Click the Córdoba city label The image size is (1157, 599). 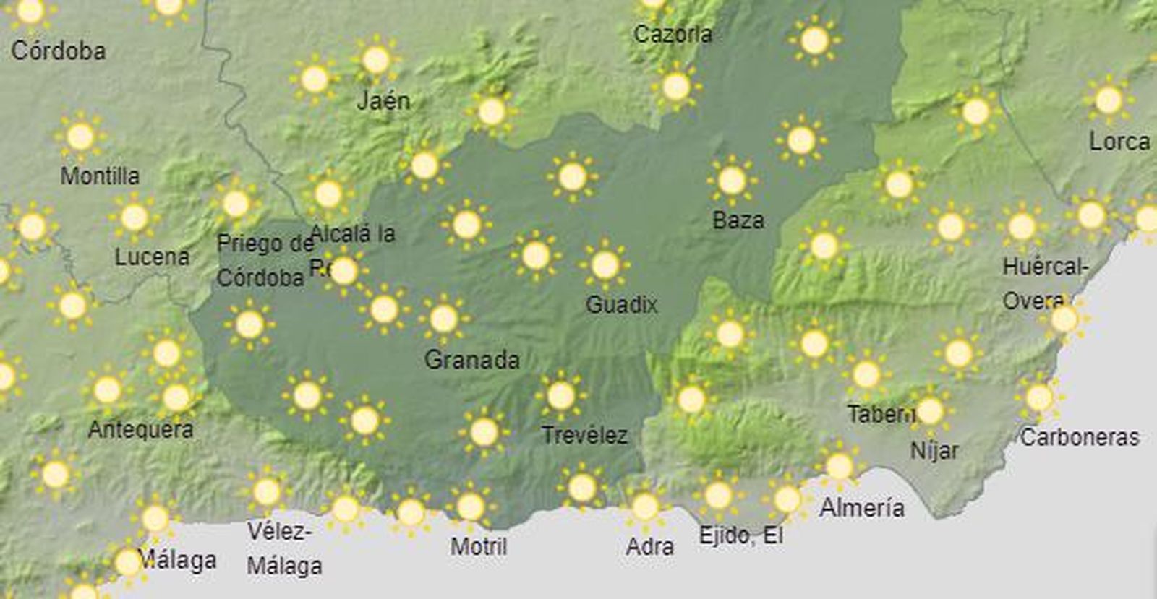(x=59, y=51)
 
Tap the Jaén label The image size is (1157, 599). (x=383, y=101)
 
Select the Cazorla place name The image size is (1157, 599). (x=673, y=33)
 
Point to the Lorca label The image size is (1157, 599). (x=1119, y=141)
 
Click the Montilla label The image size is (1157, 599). (x=100, y=176)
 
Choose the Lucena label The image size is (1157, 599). (x=152, y=257)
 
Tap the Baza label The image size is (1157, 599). (x=738, y=220)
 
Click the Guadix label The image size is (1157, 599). (x=621, y=304)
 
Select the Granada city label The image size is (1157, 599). (x=471, y=359)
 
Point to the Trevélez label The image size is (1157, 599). (x=584, y=435)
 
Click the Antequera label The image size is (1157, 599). (x=140, y=429)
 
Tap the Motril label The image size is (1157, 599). (x=478, y=546)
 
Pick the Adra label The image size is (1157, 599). (x=649, y=546)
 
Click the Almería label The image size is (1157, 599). (x=861, y=508)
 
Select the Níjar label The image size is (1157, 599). (x=934, y=451)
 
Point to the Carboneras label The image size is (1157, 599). (x=1079, y=436)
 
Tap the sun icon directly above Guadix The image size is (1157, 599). (x=605, y=265)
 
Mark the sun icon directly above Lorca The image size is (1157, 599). (x=1108, y=100)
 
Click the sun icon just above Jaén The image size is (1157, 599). (x=376, y=60)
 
